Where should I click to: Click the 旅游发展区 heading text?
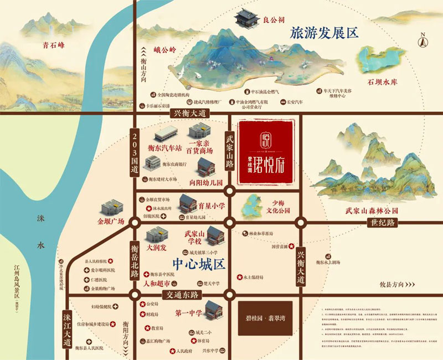324,32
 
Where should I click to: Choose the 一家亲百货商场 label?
200,146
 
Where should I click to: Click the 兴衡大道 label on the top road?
186,113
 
